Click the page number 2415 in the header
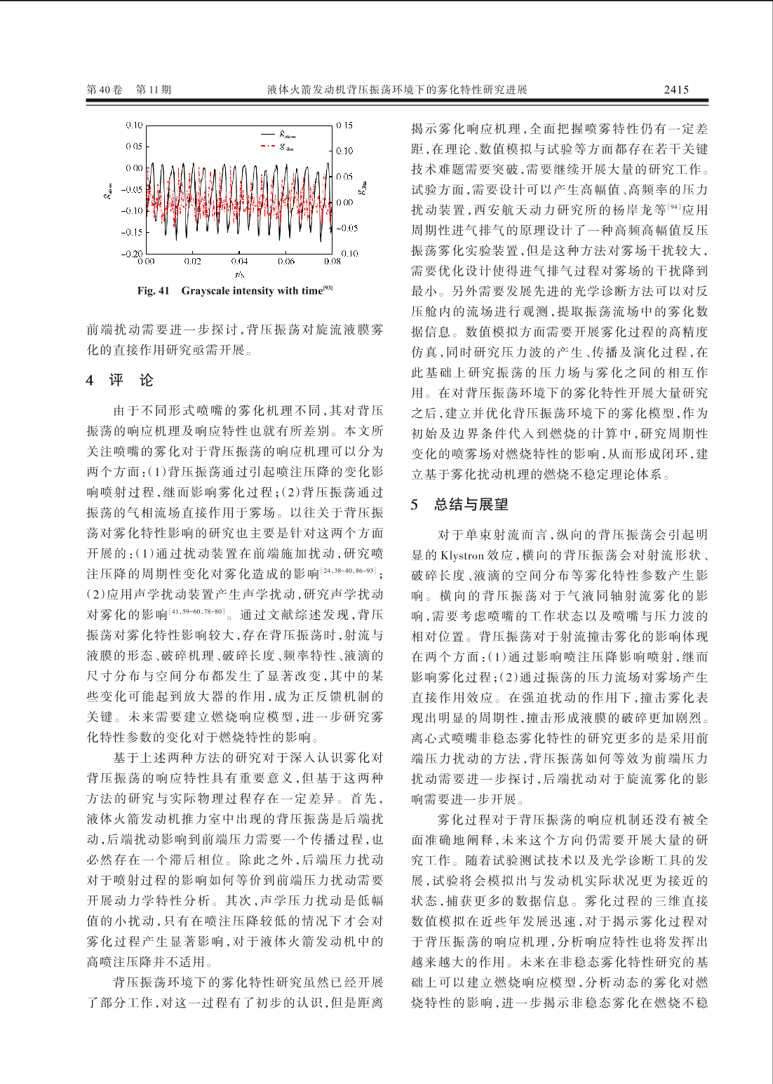point(676,90)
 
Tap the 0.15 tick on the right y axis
point(344,126)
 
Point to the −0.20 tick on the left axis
point(132,253)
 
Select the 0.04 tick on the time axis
point(239,262)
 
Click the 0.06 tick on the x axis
point(286,262)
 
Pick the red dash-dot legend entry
point(278,147)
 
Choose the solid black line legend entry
point(278,133)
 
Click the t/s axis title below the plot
point(239,274)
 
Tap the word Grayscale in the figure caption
point(206,291)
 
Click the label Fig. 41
point(153,291)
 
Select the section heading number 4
point(90,381)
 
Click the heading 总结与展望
point(471,505)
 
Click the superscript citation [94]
point(674,207)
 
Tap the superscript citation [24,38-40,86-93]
point(349,571)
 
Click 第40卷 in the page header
point(104,90)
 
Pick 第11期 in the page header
point(154,90)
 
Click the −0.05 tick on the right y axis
point(347,228)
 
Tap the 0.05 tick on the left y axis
point(134,147)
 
